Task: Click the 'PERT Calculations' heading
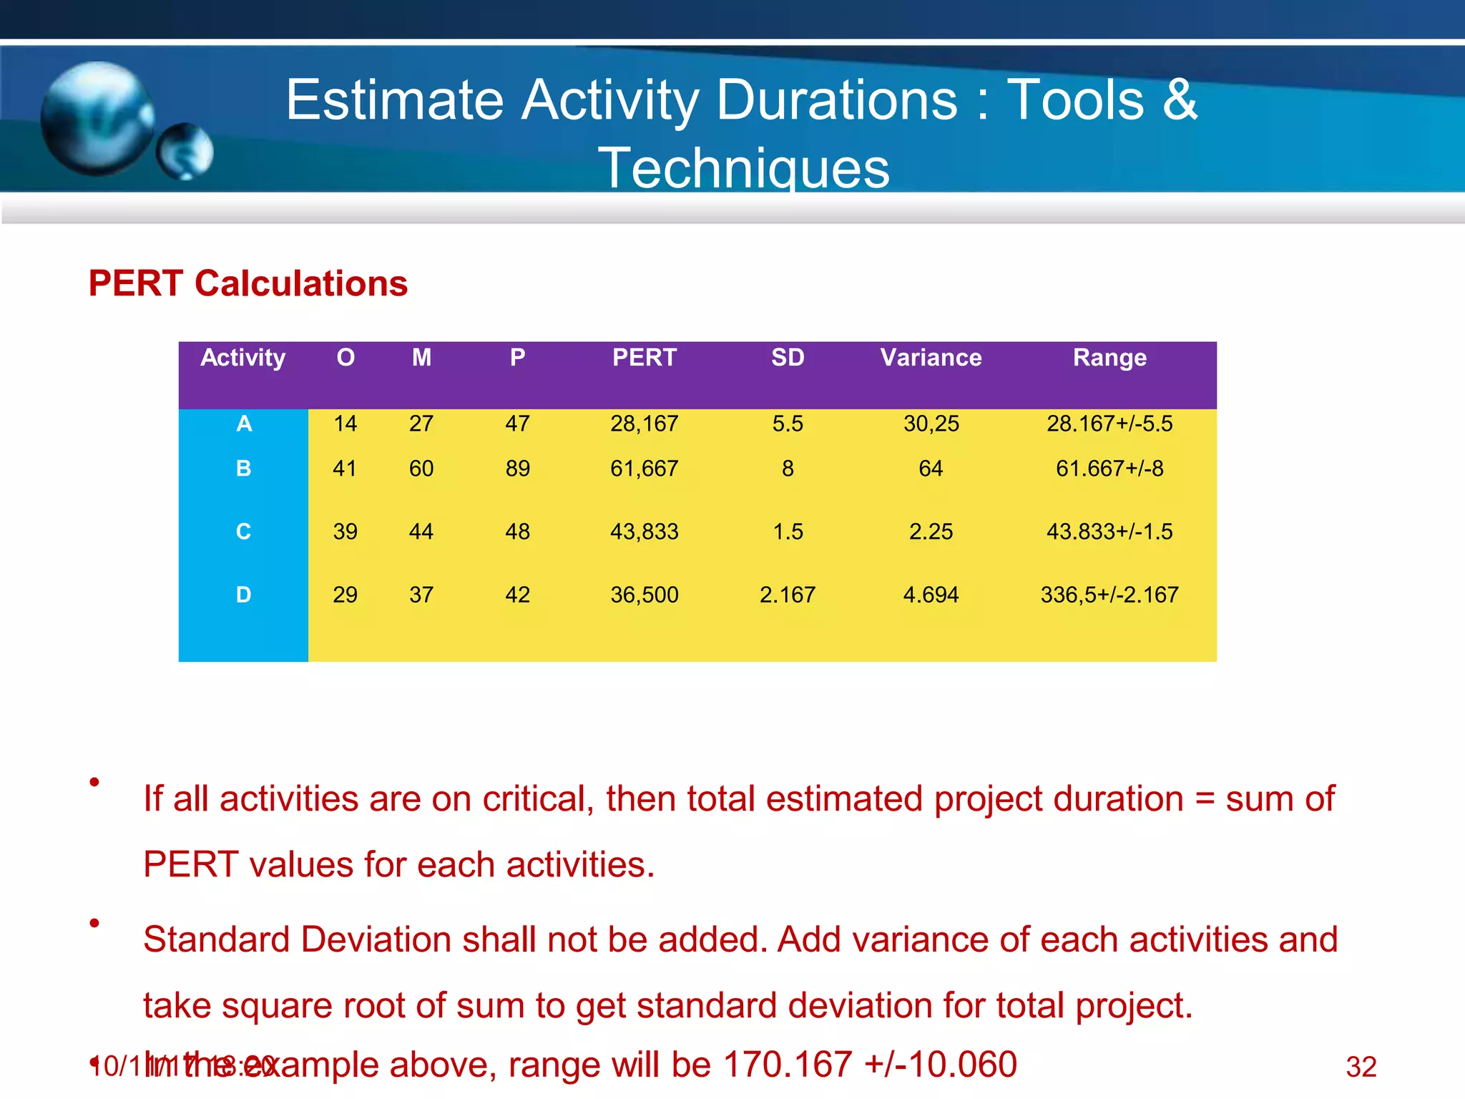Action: [248, 283]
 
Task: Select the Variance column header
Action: [931, 357]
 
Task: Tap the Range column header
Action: [1109, 357]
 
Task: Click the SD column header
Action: [788, 357]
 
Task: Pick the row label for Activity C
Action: [243, 532]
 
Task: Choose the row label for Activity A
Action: [244, 424]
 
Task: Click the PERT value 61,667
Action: [644, 469]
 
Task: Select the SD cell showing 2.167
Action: [788, 595]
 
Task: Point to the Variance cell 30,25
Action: [931, 424]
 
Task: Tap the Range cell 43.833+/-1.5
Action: [1109, 532]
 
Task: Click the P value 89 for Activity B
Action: [517, 469]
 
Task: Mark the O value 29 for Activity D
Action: [345, 595]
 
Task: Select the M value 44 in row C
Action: [421, 532]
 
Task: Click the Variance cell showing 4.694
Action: [931, 595]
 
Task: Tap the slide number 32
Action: [1361, 1067]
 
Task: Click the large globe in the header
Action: [97, 118]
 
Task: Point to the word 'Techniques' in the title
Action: [744, 167]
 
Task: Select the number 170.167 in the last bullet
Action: [788, 1064]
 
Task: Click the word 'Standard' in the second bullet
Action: [219, 939]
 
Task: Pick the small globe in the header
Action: [185, 151]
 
